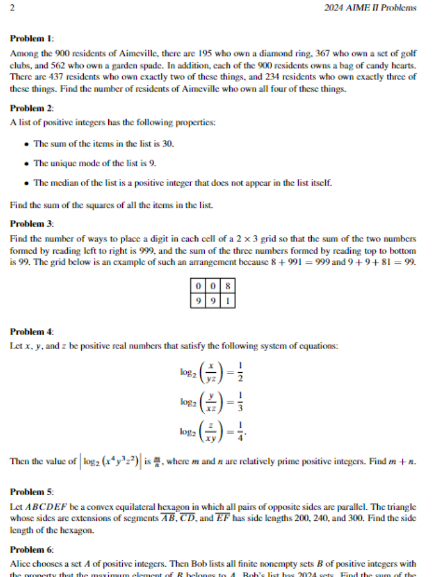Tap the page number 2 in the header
tap(13, 8)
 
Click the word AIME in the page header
tap(358, 8)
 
